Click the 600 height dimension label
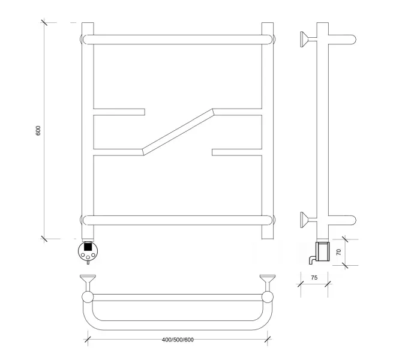(38, 131)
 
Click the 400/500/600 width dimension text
(178, 340)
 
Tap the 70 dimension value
(338, 252)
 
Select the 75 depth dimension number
(314, 278)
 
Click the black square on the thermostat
(88, 247)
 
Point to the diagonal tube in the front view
(178, 132)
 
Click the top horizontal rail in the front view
(178, 40)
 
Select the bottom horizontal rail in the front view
(178, 220)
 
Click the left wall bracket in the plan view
(88, 283)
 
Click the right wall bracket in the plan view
(268, 283)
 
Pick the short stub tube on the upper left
(119, 112)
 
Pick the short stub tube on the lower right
(237, 152)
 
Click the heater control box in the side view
(323, 251)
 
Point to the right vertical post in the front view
(268, 131)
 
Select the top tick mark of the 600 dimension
(44, 22)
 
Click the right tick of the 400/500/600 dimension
(268, 340)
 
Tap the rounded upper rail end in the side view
(352, 40)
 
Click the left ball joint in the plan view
(88, 297)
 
